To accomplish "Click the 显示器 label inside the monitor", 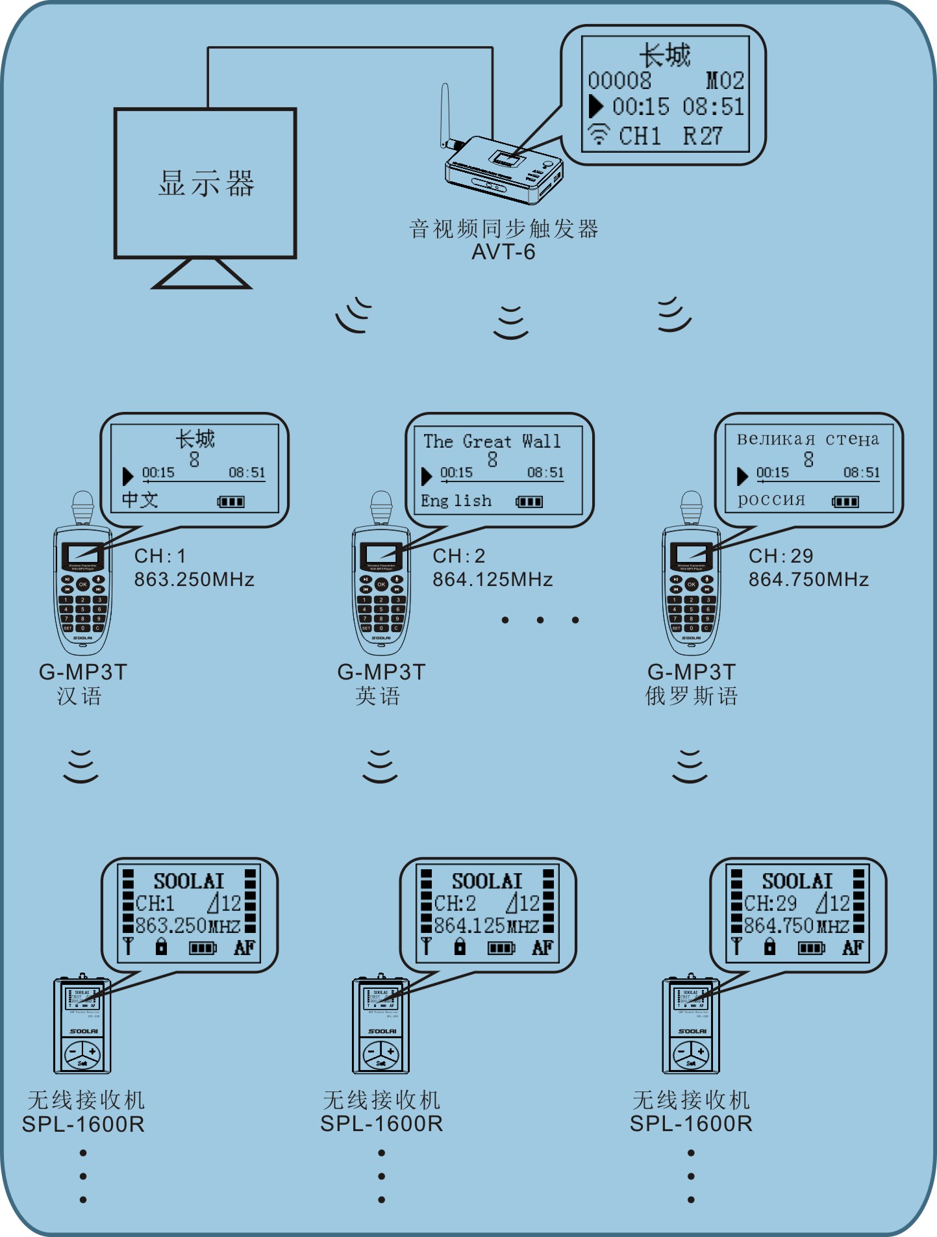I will (x=206, y=183).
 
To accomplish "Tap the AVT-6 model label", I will (x=503, y=252).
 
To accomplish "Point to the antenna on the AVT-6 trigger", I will (x=445, y=114).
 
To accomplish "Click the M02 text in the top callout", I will (x=725, y=81).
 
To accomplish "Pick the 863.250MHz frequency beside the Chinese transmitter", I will (x=194, y=580).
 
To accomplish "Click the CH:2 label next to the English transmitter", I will (x=459, y=556).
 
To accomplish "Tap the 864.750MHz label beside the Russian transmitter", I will (x=808, y=580).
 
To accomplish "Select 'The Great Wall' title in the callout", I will (x=492, y=441).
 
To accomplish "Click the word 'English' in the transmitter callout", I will (x=456, y=501).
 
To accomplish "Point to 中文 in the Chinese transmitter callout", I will (x=140, y=500).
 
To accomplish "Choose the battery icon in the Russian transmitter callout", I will (x=845, y=502).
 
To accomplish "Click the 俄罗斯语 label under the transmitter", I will (x=692, y=696).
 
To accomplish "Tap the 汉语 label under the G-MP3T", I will (x=79, y=696).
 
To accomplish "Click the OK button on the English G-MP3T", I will (x=381, y=584).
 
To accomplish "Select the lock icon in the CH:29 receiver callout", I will (x=769, y=947).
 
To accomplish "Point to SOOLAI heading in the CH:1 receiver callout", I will (x=188, y=881).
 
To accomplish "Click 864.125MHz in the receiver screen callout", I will (x=486, y=925).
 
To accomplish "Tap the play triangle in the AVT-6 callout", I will (x=595, y=106).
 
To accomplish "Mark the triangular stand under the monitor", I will (x=201, y=274).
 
